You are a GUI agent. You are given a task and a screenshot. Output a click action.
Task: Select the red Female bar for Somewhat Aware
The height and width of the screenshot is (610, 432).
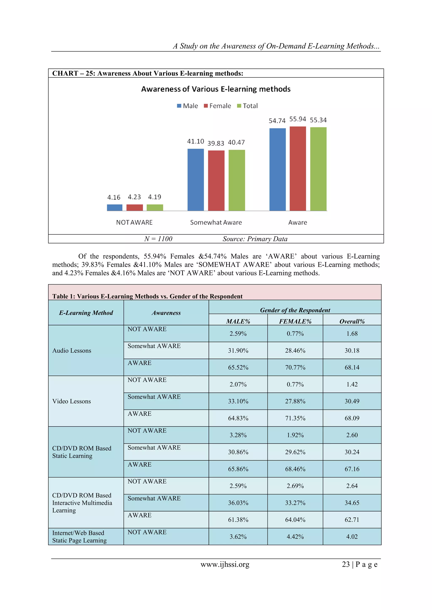coord(216,181)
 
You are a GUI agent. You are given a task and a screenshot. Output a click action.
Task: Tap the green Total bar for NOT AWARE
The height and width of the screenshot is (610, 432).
coord(155,208)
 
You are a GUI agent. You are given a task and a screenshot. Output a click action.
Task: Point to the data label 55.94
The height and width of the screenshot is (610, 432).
coord(298,119)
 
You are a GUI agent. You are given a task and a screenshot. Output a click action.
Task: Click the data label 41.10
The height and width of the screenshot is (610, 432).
coord(196,141)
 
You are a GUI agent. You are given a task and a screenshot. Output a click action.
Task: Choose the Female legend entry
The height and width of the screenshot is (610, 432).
coord(217,106)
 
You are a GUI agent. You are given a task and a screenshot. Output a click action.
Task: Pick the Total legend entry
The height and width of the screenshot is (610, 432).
coord(247,106)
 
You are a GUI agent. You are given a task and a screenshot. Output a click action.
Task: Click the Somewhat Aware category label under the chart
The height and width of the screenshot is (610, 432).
coord(216,222)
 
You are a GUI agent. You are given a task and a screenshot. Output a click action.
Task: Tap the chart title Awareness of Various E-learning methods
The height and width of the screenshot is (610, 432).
coord(216,89)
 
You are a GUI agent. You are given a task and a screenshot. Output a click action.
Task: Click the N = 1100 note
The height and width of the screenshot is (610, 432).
coord(158,239)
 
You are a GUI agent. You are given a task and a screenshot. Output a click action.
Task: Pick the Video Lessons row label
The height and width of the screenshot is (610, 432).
coord(72,401)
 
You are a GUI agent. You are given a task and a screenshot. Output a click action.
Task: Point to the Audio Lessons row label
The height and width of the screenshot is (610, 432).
coord(72,350)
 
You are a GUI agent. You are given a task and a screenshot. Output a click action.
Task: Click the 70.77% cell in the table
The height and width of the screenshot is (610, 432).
coord(295,367)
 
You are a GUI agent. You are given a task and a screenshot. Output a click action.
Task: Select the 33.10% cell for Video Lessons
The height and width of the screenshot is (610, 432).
coord(238,401)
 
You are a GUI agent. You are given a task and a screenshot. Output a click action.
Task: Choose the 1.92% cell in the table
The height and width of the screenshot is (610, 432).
coord(295,435)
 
